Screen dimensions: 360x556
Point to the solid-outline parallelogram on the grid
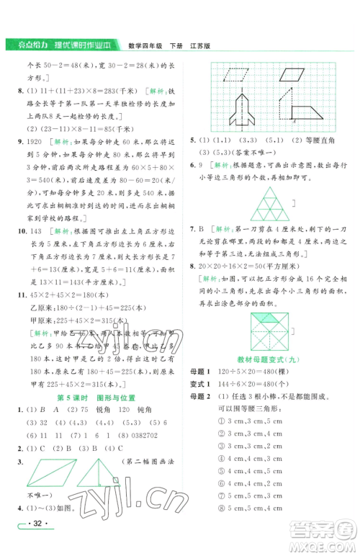(291, 73)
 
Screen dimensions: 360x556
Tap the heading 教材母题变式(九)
(271, 359)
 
